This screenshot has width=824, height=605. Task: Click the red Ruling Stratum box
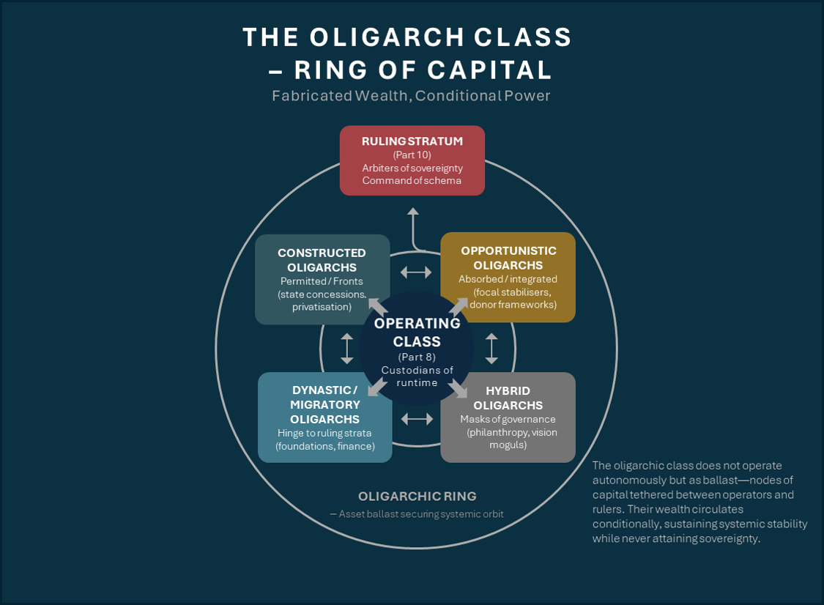click(412, 160)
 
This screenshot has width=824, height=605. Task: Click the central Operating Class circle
click(417, 348)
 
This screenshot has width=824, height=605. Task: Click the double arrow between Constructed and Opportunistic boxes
click(416, 272)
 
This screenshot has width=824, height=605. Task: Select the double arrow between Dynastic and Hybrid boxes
click(417, 419)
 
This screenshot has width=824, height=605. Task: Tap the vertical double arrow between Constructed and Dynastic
click(346, 349)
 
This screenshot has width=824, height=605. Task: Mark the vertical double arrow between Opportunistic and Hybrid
click(491, 349)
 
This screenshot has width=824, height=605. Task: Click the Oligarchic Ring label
click(417, 496)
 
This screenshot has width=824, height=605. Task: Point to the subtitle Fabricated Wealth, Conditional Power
click(411, 96)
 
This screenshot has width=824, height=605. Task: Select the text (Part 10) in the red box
click(412, 155)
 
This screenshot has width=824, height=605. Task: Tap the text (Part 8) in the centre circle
click(417, 357)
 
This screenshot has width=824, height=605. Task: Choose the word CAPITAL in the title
click(499, 70)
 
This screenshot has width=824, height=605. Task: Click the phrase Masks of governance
click(508, 420)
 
